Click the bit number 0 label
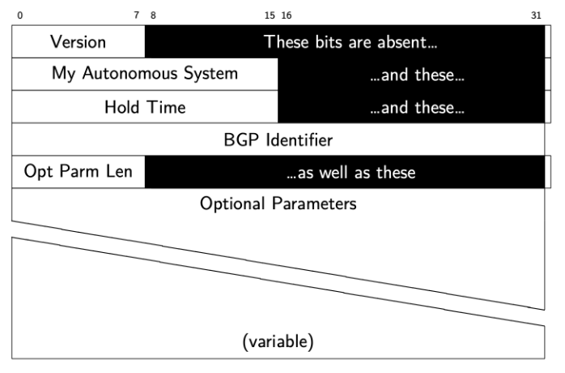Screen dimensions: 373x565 click(x=19, y=15)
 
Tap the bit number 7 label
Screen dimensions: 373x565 click(x=136, y=15)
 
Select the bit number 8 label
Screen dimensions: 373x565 click(x=153, y=15)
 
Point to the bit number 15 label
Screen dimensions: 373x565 click(x=270, y=15)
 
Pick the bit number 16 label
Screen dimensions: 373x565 click(x=287, y=15)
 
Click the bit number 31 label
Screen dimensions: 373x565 click(x=536, y=15)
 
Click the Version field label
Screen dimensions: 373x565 click(x=78, y=41)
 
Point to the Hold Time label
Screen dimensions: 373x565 click(x=145, y=106)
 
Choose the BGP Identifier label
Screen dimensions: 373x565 click(x=278, y=139)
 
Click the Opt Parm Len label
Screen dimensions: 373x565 click(x=79, y=172)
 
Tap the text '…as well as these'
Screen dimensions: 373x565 click(x=351, y=172)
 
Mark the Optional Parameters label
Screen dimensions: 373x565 click(x=278, y=204)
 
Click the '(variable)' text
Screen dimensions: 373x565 click(x=278, y=342)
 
